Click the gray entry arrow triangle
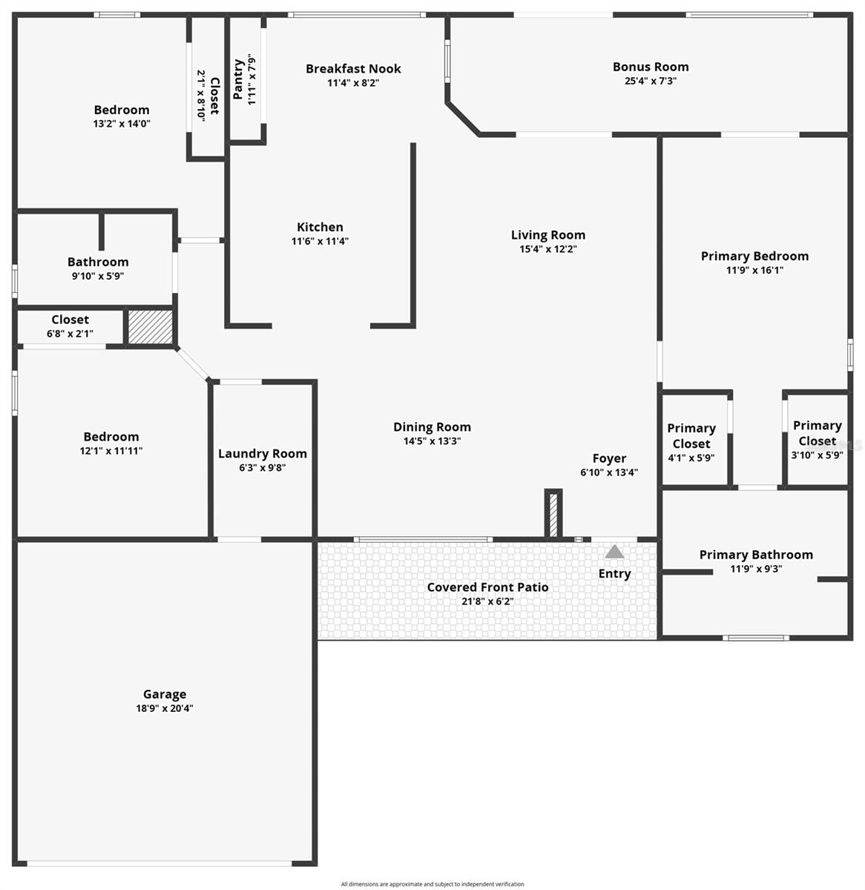point(614,552)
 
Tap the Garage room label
point(165,694)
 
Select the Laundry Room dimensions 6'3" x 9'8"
point(262,468)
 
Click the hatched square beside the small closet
point(150,327)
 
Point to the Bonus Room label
point(650,67)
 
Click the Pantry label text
point(239,79)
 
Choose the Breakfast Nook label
point(353,69)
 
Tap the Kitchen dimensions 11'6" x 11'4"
point(320,241)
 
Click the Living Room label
point(547,235)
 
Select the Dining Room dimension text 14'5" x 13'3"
point(432,441)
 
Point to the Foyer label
point(608,458)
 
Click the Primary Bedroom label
point(754,256)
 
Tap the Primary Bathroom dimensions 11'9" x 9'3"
point(755,569)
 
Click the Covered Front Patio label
point(487,587)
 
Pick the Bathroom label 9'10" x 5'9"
point(98,262)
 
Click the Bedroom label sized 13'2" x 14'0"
point(122,110)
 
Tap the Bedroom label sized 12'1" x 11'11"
point(111,437)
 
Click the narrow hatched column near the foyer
point(553,513)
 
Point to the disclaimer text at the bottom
point(432,884)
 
